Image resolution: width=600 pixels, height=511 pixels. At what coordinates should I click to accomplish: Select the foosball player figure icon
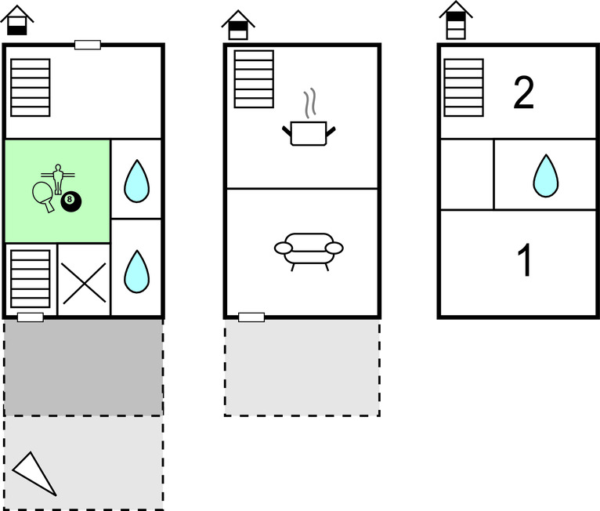pyautogui.click(x=56, y=176)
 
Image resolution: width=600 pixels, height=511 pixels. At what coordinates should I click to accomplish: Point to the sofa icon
pyautogui.click(x=309, y=249)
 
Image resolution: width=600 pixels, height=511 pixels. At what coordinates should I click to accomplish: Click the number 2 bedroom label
pyautogui.click(x=523, y=92)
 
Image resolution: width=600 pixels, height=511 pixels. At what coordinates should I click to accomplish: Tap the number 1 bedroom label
pyautogui.click(x=526, y=261)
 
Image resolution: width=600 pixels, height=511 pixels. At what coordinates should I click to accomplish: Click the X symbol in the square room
pyautogui.click(x=84, y=281)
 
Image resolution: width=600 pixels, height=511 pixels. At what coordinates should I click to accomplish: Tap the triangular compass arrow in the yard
pyautogui.click(x=34, y=473)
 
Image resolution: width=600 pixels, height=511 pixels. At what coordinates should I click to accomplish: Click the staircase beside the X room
pyautogui.click(x=31, y=278)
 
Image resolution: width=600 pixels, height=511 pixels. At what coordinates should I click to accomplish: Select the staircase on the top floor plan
pyautogui.click(x=464, y=88)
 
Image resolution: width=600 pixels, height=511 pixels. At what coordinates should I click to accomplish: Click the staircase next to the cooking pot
pyautogui.click(x=254, y=79)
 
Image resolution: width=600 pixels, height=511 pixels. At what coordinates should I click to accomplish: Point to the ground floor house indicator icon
pyautogui.click(x=17, y=20)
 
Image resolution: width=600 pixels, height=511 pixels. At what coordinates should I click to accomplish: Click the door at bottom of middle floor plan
pyautogui.click(x=251, y=317)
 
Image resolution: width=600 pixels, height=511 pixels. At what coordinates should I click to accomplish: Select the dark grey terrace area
pyautogui.click(x=83, y=367)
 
